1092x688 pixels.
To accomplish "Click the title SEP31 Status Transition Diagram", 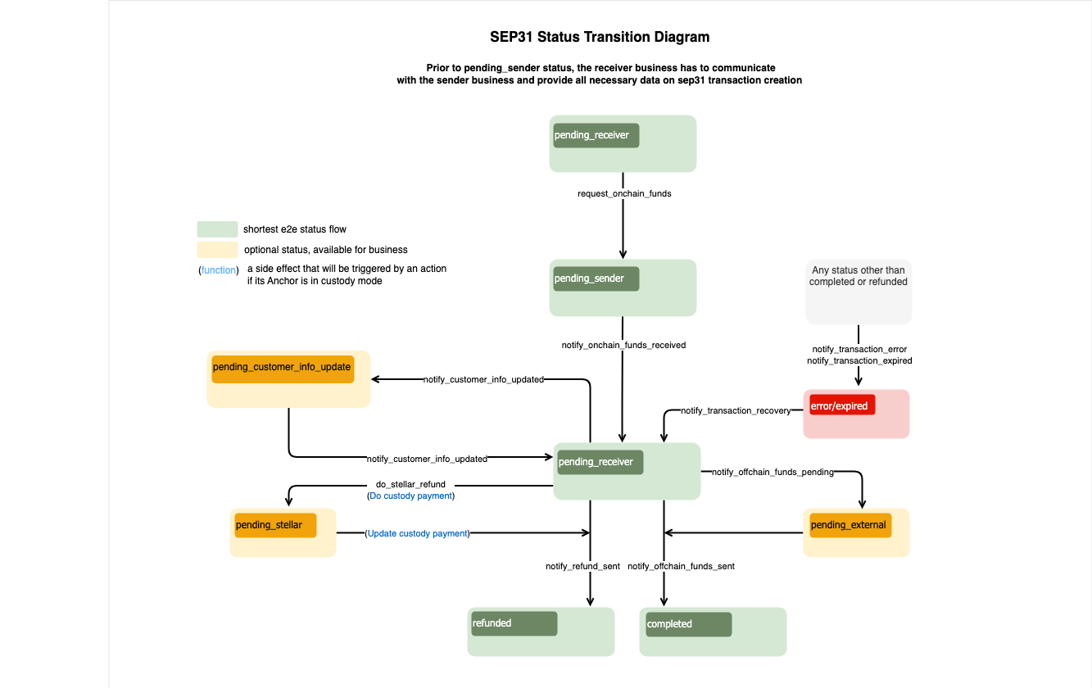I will (x=600, y=37).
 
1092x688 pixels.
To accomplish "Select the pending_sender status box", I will (x=623, y=287).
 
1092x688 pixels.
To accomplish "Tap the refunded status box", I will (x=541, y=631).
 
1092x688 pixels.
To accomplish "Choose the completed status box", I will (x=713, y=631).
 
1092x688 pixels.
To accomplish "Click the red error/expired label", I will (x=842, y=405).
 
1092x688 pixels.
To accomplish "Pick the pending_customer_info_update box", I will (x=288, y=378).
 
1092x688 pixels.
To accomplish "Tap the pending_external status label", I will (x=848, y=525).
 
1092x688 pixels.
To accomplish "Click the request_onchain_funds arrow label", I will (x=624, y=194).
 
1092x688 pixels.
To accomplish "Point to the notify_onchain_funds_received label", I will (x=623, y=346).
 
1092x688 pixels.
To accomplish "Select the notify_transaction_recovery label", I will (x=736, y=410).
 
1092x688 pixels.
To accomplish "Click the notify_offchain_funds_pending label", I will (x=773, y=473).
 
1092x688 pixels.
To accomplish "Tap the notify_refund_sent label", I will (x=582, y=566).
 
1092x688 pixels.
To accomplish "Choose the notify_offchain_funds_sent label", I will (x=681, y=566).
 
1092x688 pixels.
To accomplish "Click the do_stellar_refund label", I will (x=410, y=484).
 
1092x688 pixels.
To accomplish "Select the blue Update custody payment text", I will (x=418, y=533).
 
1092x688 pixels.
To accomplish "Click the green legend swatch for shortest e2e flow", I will (x=217, y=229).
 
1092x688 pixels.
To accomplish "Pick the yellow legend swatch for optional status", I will (x=217, y=249).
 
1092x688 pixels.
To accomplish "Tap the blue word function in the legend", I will (x=219, y=269).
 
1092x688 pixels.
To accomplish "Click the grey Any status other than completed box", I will (x=859, y=292).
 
